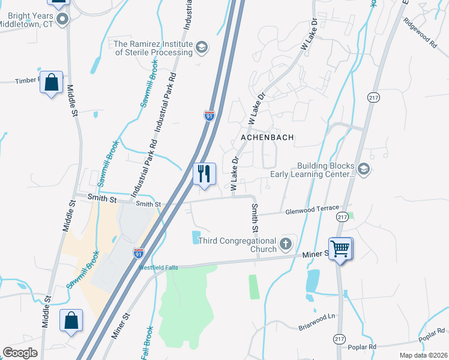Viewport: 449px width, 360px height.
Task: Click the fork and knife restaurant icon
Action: coord(204,174)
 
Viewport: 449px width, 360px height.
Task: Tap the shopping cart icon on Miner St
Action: coord(340,247)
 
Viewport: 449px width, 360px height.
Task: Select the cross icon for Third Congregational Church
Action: coord(286,244)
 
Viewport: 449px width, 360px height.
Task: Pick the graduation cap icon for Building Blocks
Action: coord(363,170)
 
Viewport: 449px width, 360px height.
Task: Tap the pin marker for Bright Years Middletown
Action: coord(62,20)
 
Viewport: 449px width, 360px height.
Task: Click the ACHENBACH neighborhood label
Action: coord(267,137)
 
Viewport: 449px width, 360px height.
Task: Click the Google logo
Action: coord(20,353)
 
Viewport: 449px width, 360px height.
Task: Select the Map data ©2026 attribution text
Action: coord(423,355)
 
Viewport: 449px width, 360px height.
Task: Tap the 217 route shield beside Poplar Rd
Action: coord(339,339)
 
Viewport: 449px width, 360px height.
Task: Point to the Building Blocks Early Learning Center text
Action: coord(325,170)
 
